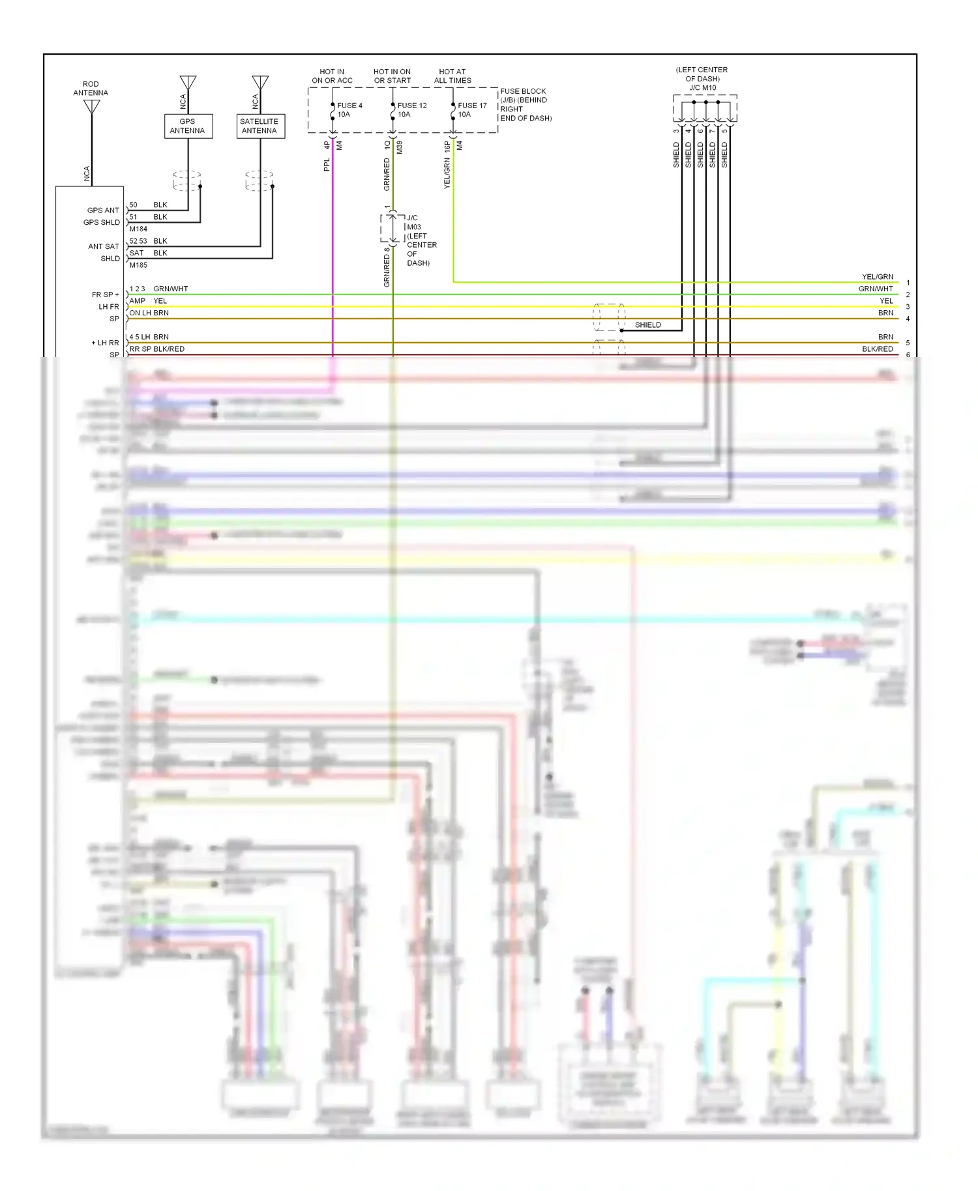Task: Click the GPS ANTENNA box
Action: click(188, 126)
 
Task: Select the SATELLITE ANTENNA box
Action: click(259, 126)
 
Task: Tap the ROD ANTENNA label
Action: click(91, 89)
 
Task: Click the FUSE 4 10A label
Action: click(349, 110)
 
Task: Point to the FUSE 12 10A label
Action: click(411, 110)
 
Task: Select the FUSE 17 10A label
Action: click(471, 110)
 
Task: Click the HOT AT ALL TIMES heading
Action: click(452, 76)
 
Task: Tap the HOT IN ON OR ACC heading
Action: click(332, 76)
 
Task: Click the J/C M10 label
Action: click(702, 87)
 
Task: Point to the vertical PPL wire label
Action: click(327, 165)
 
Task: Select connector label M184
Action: click(138, 229)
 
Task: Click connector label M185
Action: click(138, 265)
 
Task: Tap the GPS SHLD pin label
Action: click(102, 222)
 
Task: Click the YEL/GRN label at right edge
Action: click(877, 277)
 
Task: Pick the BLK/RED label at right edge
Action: click(877, 349)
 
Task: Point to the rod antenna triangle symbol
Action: click(92, 106)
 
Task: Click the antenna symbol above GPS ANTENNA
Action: click(188, 83)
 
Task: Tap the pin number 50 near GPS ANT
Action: click(133, 205)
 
